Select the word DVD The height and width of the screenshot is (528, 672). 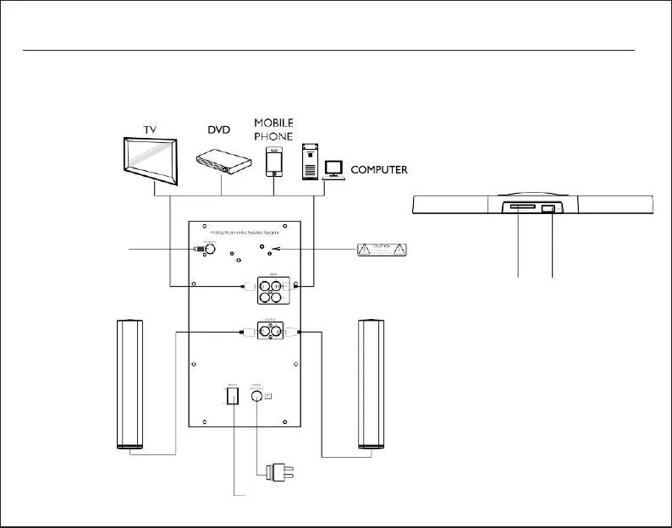tap(219, 130)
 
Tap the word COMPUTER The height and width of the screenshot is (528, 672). tap(379, 169)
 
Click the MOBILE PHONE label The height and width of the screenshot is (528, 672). tap(273, 129)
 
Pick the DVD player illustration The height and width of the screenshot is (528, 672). tap(223, 161)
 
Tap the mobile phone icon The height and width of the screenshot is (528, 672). tap(273, 161)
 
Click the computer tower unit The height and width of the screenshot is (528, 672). tap(310, 161)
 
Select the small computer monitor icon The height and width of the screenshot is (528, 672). tap(333, 168)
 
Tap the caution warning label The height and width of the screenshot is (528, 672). tap(382, 249)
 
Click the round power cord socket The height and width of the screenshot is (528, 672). tap(255, 395)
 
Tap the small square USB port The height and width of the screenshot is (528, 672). tap(549, 209)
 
